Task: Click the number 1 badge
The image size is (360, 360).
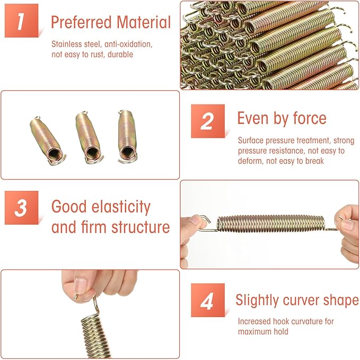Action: click(x=21, y=21)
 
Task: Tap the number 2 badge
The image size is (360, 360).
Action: click(x=208, y=121)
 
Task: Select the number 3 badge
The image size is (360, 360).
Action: click(x=21, y=207)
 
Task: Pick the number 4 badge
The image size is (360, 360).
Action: click(x=208, y=300)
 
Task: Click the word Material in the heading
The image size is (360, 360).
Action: click(x=144, y=22)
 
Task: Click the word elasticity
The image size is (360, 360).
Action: click(x=121, y=207)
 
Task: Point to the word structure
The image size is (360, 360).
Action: click(x=141, y=227)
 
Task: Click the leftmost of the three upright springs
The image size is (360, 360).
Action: click(x=48, y=141)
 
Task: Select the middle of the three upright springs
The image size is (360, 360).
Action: click(x=89, y=137)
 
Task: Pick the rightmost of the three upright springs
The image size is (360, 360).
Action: click(x=128, y=137)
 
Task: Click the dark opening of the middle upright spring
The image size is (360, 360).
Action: click(x=93, y=152)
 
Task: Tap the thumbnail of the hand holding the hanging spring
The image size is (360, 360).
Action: click(x=80, y=285)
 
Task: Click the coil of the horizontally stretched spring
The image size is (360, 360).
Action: click(x=271, y=223)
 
